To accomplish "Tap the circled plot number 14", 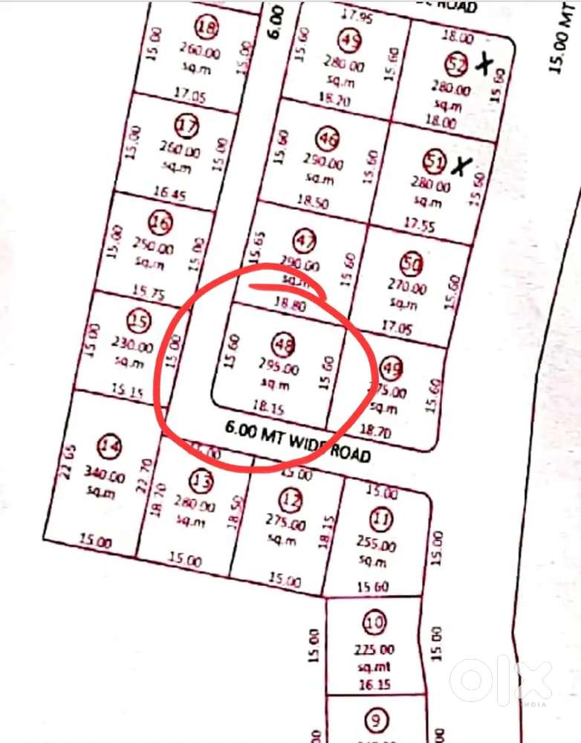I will (111, 447).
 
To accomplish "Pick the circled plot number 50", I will (411, 264).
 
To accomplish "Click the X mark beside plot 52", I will (484, 65).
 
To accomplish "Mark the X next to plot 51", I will (461, 167).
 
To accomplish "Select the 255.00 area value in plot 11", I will (373, 545).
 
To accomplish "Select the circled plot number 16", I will (160, 222).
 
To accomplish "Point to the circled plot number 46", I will (328, 138).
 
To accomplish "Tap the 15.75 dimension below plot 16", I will (147, 293).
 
